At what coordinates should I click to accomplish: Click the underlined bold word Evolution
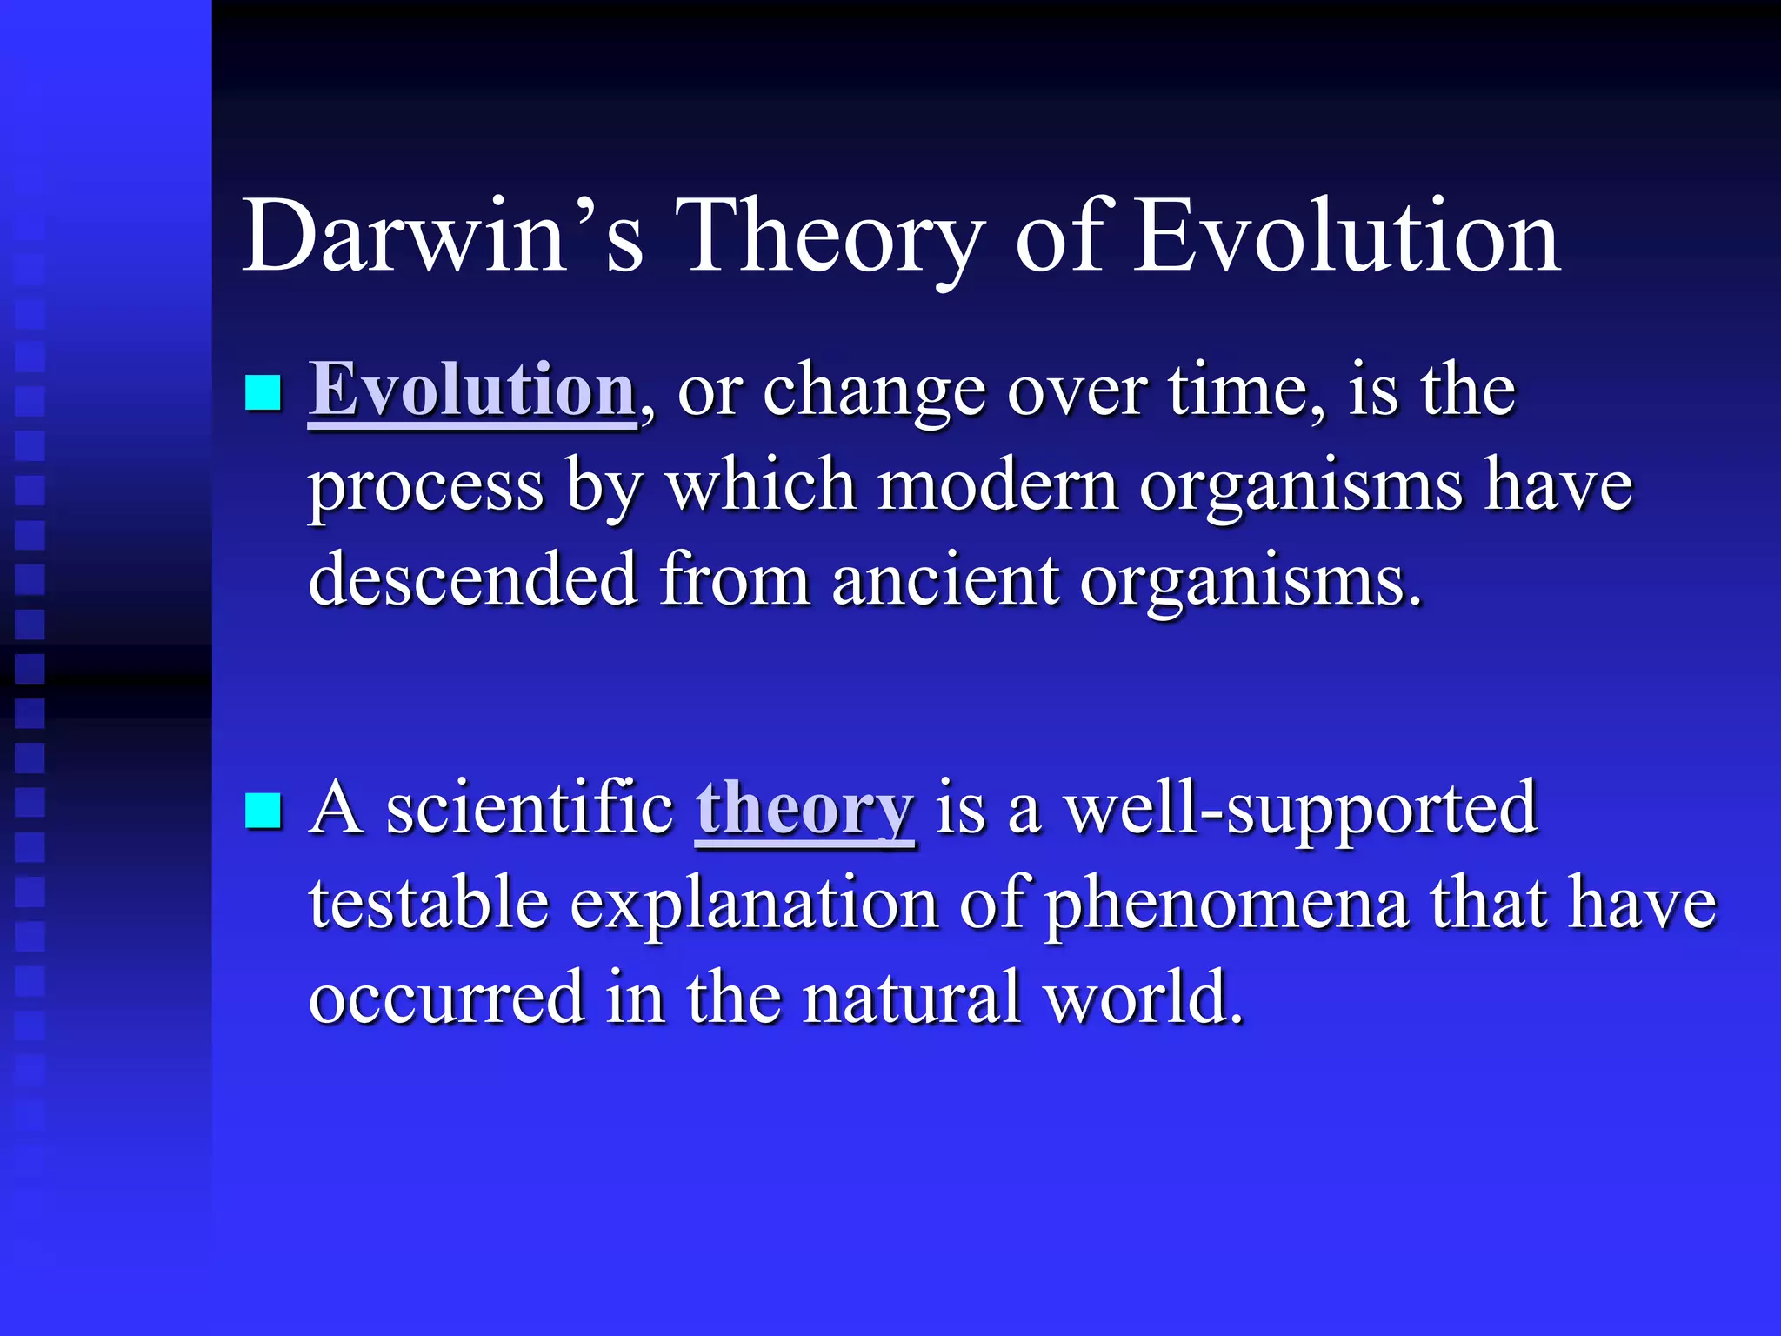pos(472,390)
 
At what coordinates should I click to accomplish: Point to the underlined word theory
pos(804,807)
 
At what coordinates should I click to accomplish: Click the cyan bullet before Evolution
pos(263,393)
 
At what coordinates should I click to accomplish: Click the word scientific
pos(530,807)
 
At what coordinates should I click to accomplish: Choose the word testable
pos(429,903)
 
